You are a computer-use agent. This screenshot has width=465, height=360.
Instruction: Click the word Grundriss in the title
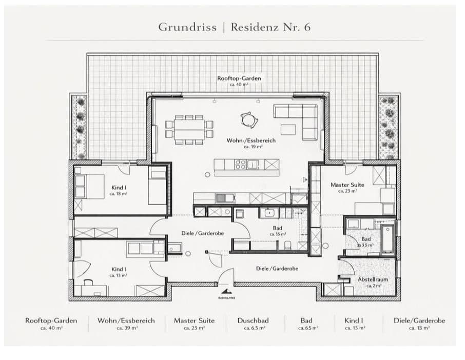187,27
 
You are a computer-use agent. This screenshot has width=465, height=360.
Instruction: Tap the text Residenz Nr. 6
270,27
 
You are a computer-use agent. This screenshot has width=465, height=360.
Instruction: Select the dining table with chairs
189,129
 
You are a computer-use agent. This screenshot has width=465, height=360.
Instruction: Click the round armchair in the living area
248,120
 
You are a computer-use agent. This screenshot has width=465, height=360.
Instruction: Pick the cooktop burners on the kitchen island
241,165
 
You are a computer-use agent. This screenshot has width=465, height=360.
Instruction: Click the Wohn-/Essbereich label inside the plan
251,140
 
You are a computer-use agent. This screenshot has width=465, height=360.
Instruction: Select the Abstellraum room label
373,280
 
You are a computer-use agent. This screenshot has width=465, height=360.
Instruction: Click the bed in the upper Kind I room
89,186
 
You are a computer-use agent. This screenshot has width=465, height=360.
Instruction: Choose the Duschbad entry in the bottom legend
253,321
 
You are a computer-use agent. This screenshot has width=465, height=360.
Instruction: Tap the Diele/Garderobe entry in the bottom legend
419,321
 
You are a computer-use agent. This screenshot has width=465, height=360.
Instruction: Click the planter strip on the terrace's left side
80,126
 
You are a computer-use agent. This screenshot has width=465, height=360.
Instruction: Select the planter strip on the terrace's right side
389,126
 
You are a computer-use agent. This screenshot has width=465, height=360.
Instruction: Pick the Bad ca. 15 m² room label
277,229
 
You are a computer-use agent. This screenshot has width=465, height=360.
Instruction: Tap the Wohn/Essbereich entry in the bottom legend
126,321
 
